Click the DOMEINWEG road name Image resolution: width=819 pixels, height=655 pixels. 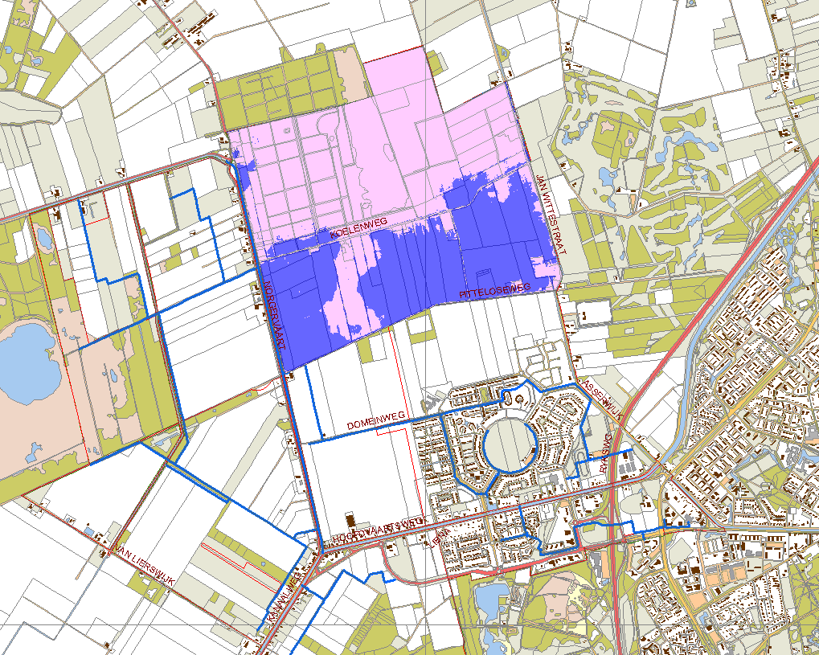click(375, 421)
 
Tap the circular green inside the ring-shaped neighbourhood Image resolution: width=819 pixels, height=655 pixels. click(510, 444)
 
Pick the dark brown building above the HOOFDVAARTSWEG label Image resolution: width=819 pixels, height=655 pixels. click(349, 519)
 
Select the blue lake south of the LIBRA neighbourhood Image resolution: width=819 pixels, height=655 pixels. click(489, 600)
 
